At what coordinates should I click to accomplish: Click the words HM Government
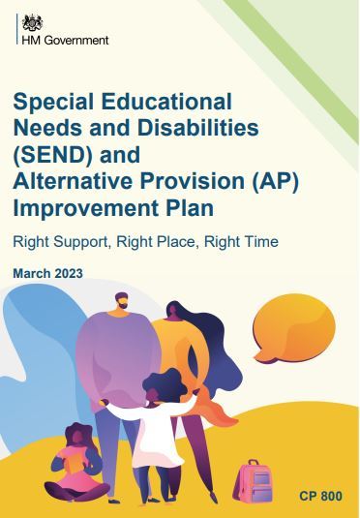pyautogui.click(x=64, y=40)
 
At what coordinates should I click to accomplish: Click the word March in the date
pyautogui.click(x=29, y=274)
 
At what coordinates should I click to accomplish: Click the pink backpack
pyautogui.click(x=255, y=481)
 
